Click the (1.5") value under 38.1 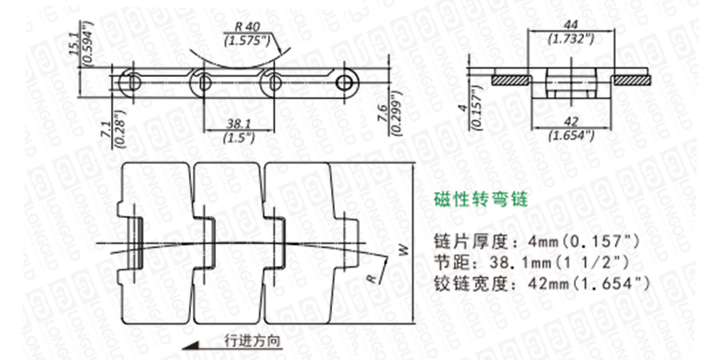click(239, 137)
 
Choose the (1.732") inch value click(570, 38)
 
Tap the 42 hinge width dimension click(570, 122)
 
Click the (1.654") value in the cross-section click(570, 134)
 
